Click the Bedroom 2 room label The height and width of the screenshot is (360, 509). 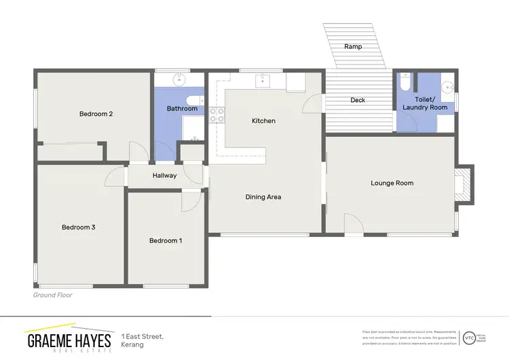(x=96, y=114)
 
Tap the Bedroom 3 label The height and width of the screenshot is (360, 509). (x=78, y=228)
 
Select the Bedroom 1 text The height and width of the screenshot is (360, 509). (x=166, y=240)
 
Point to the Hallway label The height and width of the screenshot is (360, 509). (x=164, y=175)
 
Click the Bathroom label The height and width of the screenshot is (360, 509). (x=182, y=109)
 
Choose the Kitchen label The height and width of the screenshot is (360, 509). (x=263, y=121)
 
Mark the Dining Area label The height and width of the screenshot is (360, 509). (x=263, y=197)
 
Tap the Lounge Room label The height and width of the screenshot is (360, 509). (x=392, y=183)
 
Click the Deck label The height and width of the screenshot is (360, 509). (x=358, y=101)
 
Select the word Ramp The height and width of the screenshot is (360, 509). (x=353, y=47)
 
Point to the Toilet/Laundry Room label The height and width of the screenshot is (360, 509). (x=425, y=103)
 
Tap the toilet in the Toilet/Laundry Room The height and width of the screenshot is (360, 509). (x=405, y=82)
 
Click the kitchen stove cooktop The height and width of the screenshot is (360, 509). (x=216, y=115)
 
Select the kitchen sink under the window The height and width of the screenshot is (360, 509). (x=261, y=82)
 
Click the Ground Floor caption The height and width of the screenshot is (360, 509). (x=53, y=295)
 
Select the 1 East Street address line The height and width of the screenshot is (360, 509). (x=143, y=336)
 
